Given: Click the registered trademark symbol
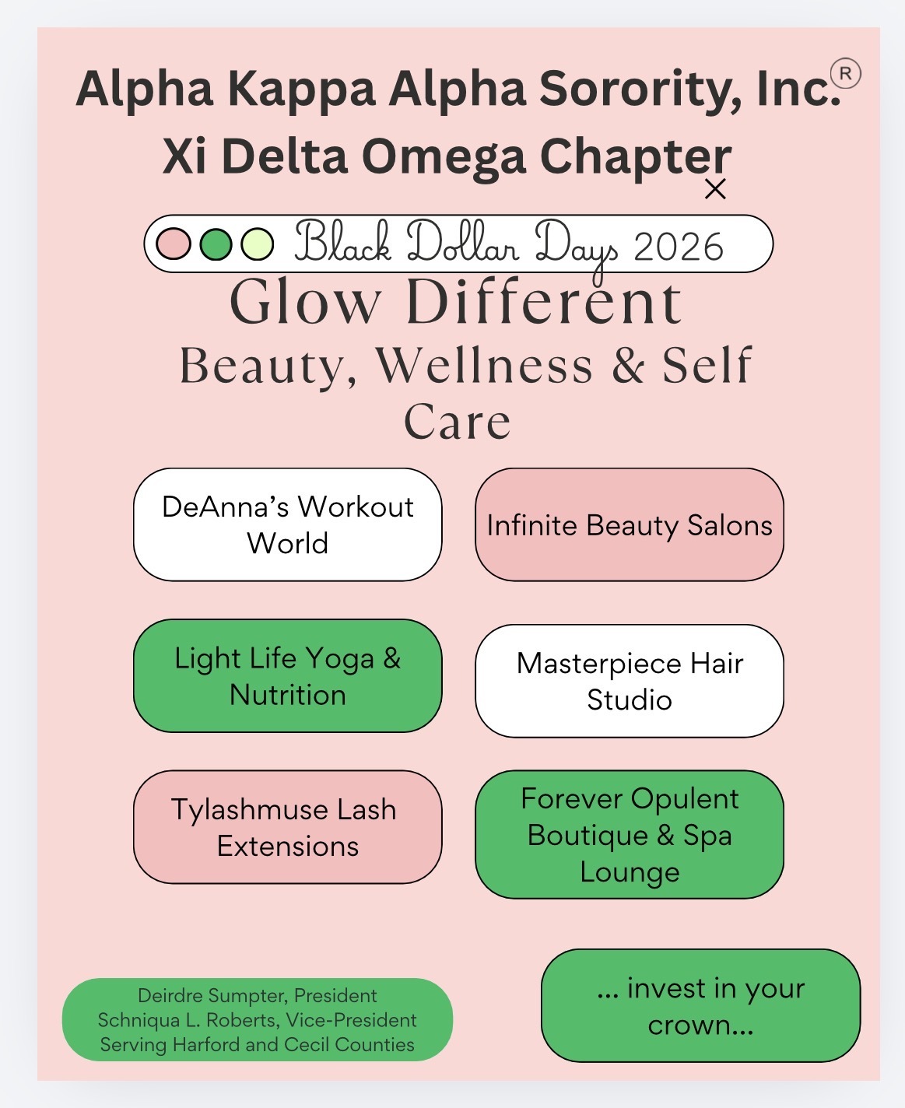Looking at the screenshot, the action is tap(846, 74).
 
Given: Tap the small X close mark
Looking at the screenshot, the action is tap(715, 189).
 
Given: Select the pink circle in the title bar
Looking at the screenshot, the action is tap(174, 244).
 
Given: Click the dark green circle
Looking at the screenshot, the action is tap(216, 244).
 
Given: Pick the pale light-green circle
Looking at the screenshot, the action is tap(258, 244).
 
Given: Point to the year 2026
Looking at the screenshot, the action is tap(679, 247).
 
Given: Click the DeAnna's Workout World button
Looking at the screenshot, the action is tap(287, 524).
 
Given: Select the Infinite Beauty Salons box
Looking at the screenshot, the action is tap(630, 524).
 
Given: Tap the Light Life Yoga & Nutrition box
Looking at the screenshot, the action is tap(287, 675).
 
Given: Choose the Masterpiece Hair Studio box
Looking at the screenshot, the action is tap(630, 681).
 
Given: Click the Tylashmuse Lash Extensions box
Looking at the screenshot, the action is tap(287, 827).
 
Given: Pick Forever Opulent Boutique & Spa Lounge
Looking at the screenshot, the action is tap(630, 834).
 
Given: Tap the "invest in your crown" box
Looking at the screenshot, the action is tap(700, 1005).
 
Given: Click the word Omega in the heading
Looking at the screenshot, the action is tap(444, 156).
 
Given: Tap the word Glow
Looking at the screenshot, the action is tap(305, 302).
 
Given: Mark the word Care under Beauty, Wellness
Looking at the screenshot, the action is tap(458, 422).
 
